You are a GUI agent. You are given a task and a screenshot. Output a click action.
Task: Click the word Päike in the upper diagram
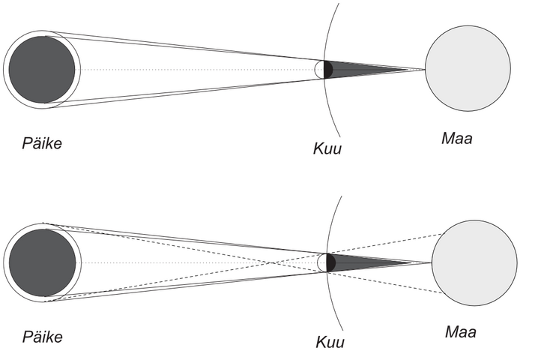coord(41,142)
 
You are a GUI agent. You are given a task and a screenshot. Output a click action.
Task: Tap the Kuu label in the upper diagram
coord(327,148)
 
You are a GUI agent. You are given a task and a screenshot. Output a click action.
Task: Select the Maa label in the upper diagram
coord(457,139)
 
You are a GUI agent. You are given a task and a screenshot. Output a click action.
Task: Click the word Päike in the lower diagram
coord(41,337)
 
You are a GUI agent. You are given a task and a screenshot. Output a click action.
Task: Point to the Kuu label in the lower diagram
coord(330,343)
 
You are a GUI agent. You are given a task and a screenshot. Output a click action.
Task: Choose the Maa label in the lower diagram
coord(461,331)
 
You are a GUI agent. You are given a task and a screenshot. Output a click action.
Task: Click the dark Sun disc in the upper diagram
coord(42,69)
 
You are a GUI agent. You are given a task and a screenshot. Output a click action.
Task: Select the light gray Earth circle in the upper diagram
coord(468,68)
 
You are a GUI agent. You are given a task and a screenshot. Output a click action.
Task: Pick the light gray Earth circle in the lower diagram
coord(474,262)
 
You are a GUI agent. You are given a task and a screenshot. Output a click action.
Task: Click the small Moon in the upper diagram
coord(324,69)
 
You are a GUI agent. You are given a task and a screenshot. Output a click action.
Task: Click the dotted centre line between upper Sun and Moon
coord(187,69)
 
